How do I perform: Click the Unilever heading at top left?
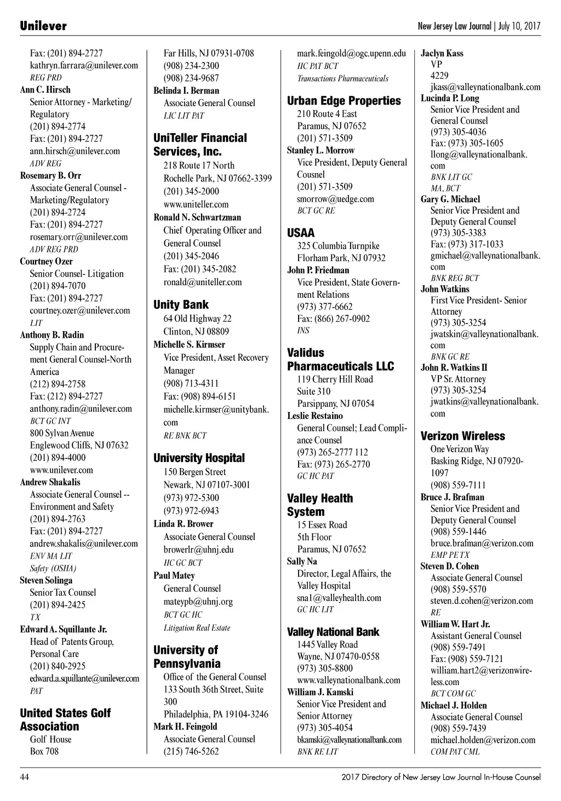coord(43,26)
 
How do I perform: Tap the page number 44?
coord(25,777)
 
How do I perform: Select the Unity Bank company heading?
coord(181,305)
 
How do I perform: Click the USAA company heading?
coord(301,233)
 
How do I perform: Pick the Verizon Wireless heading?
coord(462,436)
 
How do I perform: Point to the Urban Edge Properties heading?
coord(344,101)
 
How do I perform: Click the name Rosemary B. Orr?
coord(50,176)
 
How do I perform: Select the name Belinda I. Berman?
coord(186,91)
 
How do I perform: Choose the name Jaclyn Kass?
coord(442,54)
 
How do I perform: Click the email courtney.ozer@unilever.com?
coord(80,310)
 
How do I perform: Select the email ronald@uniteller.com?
coord(202,283)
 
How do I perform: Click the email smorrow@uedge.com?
coord(335,199)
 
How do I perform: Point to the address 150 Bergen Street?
coord(194,472)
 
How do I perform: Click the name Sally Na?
coord(302,562)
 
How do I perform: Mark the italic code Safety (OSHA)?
coord(53,568)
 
